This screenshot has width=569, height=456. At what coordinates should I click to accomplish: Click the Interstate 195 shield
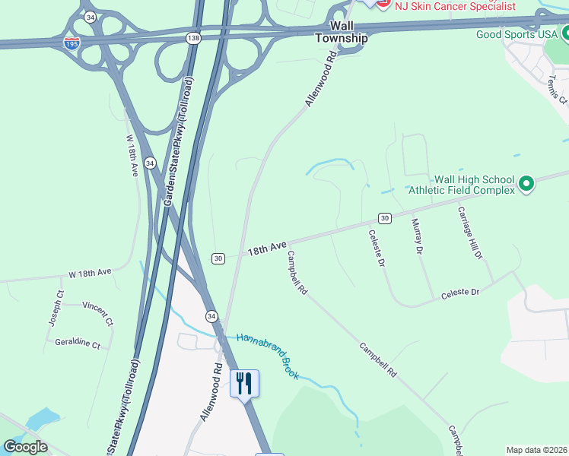[x=71, y=43]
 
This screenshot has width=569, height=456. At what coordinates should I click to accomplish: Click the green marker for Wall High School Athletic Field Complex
[x=526, y=184]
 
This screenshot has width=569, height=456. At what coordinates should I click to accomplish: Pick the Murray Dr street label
[x=416, y=236]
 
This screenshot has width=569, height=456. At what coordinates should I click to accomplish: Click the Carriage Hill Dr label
[x=469, y=233]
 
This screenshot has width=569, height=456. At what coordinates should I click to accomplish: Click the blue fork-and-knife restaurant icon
[x=244, y=383]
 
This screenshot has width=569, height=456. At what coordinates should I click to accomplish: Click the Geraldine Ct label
[x=78, y=344]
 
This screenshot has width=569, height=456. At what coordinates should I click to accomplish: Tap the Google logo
[x=25, y=446]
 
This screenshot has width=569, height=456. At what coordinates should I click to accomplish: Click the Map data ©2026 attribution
[x=536, y=450]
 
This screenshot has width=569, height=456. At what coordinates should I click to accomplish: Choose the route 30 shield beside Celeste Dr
[x=385, y=218]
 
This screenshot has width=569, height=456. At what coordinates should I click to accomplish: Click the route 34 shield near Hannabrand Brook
[x=211, y=315]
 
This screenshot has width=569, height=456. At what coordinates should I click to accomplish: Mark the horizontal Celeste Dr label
[x=460, y=293]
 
